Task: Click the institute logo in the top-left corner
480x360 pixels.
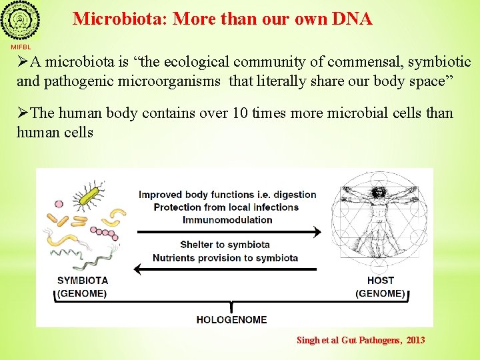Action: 20,21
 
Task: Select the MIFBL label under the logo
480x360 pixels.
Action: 20,47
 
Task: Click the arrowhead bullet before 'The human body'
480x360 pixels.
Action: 23,113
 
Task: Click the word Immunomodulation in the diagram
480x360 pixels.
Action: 227,219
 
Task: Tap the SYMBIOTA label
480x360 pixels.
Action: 83,280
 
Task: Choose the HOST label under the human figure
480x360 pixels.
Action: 380,280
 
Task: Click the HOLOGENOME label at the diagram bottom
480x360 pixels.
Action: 231,319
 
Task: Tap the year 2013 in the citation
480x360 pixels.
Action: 415,340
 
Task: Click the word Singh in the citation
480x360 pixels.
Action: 309,340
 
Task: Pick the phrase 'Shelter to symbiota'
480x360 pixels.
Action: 225,245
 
